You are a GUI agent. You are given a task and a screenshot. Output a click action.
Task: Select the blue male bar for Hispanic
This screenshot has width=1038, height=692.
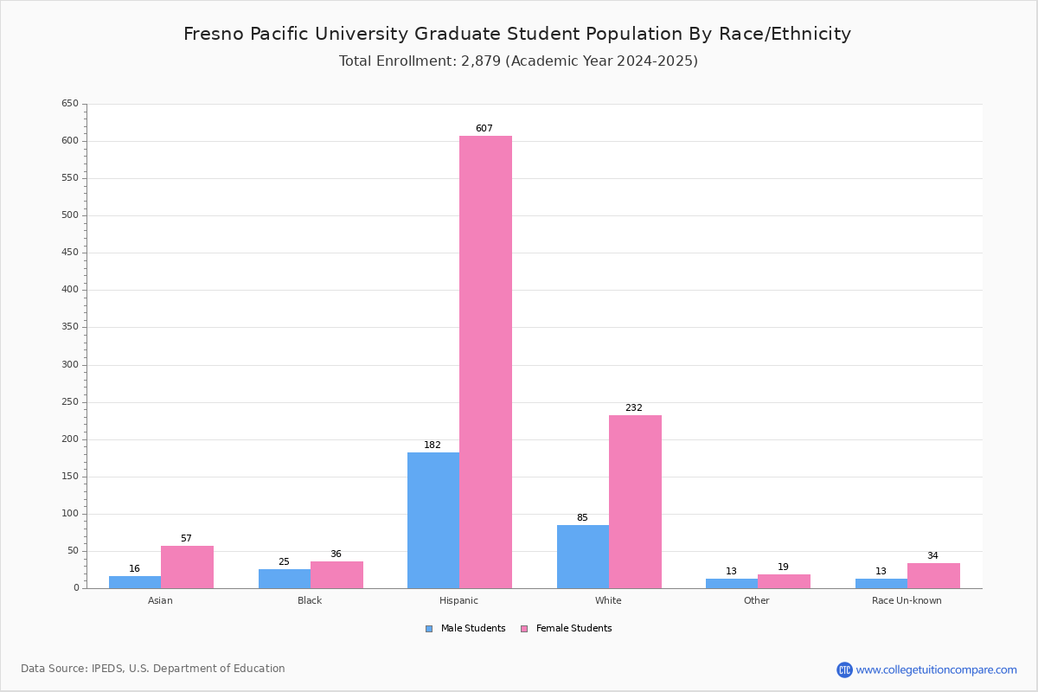[x=433, y=520]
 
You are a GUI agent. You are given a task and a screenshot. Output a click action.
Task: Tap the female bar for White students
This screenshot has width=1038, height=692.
[x=635, y=502]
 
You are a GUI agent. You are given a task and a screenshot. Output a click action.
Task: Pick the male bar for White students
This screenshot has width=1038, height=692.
[x=583, y=556]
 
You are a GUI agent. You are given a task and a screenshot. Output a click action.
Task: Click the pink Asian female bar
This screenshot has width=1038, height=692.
[x=187, y=567]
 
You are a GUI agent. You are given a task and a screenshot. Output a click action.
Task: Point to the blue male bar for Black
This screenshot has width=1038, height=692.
[x=285, y=579]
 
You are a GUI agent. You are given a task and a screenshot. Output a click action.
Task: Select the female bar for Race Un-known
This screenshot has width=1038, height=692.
[x=933, y=575]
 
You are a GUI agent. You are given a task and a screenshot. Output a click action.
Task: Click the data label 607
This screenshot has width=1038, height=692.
[x=484, y=129]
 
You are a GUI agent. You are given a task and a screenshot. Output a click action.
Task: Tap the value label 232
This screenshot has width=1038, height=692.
[x=634, y=408]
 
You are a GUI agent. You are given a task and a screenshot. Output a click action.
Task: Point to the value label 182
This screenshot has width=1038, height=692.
[x=432, y=445]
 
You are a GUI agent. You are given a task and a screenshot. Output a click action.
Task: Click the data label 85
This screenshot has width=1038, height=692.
[x=582, y=518]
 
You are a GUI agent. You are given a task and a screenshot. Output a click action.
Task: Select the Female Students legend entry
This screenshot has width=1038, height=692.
[x=566, y=629]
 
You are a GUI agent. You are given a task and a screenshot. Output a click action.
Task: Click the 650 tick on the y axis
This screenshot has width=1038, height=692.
[x=70, y=104]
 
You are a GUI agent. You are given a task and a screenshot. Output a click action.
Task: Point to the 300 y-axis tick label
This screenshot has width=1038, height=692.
[x=70, y=365]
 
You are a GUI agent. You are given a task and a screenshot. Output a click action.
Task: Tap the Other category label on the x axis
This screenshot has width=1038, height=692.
[x=757, y=600]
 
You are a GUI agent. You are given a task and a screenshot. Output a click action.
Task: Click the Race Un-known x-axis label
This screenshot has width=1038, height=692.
[x=907, y=600]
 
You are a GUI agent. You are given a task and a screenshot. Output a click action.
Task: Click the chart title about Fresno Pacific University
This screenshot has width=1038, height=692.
[x=517, y=34]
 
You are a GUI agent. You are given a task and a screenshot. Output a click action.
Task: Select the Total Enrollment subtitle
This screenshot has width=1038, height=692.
[x=518, y=61]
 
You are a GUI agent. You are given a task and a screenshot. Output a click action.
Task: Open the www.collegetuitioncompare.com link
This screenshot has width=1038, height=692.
[x=936, y=670]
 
